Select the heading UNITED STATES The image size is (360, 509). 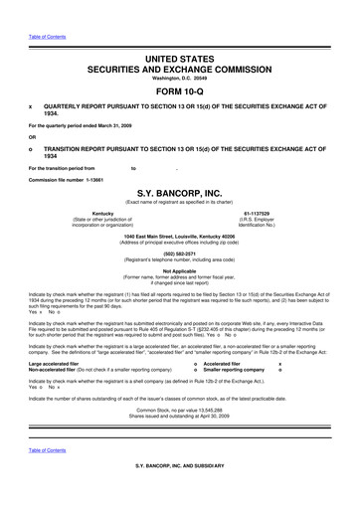180,33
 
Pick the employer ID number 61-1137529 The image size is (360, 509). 263,212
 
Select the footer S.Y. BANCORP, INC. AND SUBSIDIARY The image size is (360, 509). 180,492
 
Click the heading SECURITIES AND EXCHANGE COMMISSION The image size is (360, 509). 180,44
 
